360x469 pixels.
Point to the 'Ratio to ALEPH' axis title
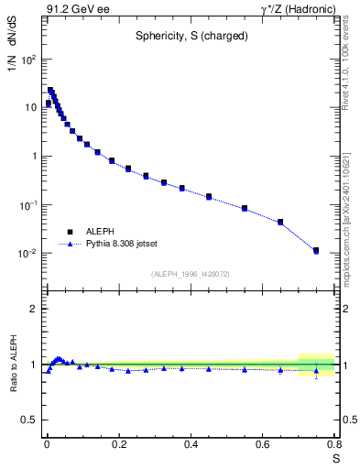click(x=13, y=365)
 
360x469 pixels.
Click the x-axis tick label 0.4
click(x=191, y=444)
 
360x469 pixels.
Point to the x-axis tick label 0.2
click(x=118, y=444)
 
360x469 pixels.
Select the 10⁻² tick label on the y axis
click(x=27, y=253)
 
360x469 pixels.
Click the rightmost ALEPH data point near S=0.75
click(x=316, y=250)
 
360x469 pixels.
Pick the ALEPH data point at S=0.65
click(x=280, y=222)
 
